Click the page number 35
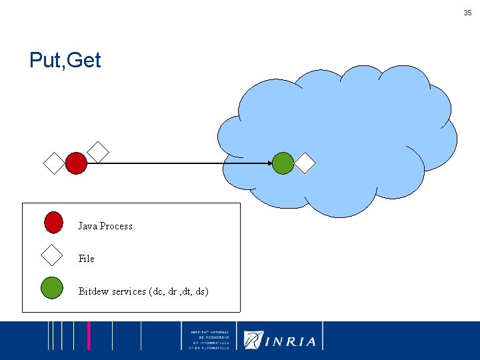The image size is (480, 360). pyautogui.click(x=467, y=13)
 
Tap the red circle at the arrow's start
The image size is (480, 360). pyautogui.click(x=76, y=163)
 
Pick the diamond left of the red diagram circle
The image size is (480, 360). pyautogui.click(x=53, y=163)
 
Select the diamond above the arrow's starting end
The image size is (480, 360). pyautogui.click(x=98, y=152)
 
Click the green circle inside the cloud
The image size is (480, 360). pyautogui.click(x=283, y=163)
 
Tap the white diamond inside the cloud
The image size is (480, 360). pyautogui.click(x=305, y=163)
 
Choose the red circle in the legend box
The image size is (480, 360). pyautogui.click(x=53, y=222)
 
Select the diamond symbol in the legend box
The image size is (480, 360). pyautogui.click(x=51, y=255)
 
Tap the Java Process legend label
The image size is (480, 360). pyautogui.click(x=105, y=226)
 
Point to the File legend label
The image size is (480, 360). pyautogui.click(x=87, y=259)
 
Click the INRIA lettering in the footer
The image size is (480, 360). pyautogui.click(x=291, y=341)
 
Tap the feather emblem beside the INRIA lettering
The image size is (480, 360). pyautogui.click(x=253, y=340)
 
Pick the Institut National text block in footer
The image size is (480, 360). pyautogui.click(x=209, y=340)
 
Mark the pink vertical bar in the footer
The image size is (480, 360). pyautogui.click(x=89, y=335)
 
